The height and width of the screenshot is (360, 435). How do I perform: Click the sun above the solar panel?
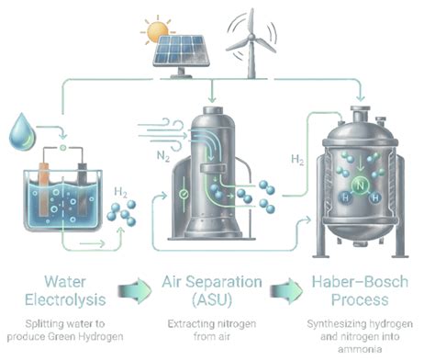point(158,31)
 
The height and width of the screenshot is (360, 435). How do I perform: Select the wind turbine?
point(251,43)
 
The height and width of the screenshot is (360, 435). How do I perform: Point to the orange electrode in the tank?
point(44,189)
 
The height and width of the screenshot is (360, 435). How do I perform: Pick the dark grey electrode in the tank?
point(83,189)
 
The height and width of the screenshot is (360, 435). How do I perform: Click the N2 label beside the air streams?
point(163,156)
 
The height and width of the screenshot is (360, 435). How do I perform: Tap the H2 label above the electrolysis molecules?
point(120,193)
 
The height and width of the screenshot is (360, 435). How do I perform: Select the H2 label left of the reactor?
point(297,160)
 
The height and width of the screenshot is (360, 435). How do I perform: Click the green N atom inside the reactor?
point(361,186)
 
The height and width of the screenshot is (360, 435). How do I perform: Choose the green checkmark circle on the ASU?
point(184,194)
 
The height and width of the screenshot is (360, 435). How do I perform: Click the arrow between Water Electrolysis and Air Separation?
point(135,290)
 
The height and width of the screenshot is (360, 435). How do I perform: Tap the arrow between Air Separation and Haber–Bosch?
point(286,290)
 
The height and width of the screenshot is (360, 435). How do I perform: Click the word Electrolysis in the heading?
point(65,299)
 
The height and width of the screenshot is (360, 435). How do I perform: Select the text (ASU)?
point(212,299)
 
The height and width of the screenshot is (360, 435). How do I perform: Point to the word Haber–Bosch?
point(360,282)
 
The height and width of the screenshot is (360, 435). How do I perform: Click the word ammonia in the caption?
point(360,349)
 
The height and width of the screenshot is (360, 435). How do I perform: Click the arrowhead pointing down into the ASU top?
point(212,99)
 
